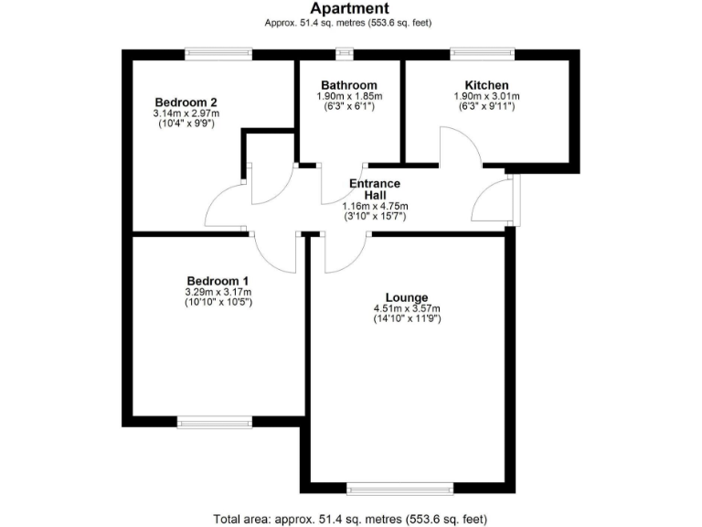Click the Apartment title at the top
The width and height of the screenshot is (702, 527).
pos(350,9)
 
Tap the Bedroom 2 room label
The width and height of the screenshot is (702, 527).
pos(186,102)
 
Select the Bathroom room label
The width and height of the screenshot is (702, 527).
pos(349,85)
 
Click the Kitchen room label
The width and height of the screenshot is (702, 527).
pos(486,85)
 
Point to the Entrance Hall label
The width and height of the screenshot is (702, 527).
pos(374,189)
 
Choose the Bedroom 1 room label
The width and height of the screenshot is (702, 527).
pos(218,280)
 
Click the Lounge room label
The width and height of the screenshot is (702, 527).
pos(407,297)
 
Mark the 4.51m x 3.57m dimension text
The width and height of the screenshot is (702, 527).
pos(407,308)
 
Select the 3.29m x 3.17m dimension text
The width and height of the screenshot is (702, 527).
pos(218,292)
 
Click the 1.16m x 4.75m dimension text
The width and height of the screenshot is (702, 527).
pos(374,207)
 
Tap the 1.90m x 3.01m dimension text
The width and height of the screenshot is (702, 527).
pos(486,96)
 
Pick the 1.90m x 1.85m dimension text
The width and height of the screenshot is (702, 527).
pos(349,96)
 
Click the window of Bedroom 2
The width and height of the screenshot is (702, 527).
pos(218,55)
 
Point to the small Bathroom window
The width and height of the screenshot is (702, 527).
pos(345,55)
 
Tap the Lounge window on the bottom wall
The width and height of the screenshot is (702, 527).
pos(399,488)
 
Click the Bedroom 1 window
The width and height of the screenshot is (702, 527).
pos(214,422)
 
